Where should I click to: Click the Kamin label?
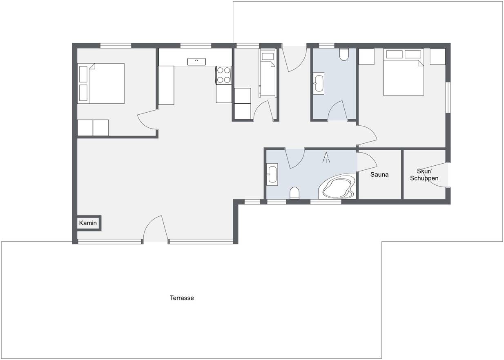pos(88,223)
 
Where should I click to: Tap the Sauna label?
pos(379,175)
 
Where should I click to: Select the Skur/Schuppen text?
pos(424,175)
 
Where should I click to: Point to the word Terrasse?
pos(182,298)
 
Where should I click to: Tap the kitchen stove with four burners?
pos(224,75)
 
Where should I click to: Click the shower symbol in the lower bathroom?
pos(326,158)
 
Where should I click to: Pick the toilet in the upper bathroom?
pos(344,54)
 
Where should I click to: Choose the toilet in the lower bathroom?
pos(294,193)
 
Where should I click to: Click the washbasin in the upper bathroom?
pos(319,83)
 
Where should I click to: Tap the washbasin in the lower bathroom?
pos(272,175)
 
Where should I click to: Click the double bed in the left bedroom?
pos(101,83)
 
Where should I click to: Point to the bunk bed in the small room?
pos(268,73)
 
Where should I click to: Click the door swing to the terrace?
pos(155,229)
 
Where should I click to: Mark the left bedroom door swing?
pos(147,120)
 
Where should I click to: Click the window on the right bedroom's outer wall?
pos(448,98)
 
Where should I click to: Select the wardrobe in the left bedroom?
pos(93,128)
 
